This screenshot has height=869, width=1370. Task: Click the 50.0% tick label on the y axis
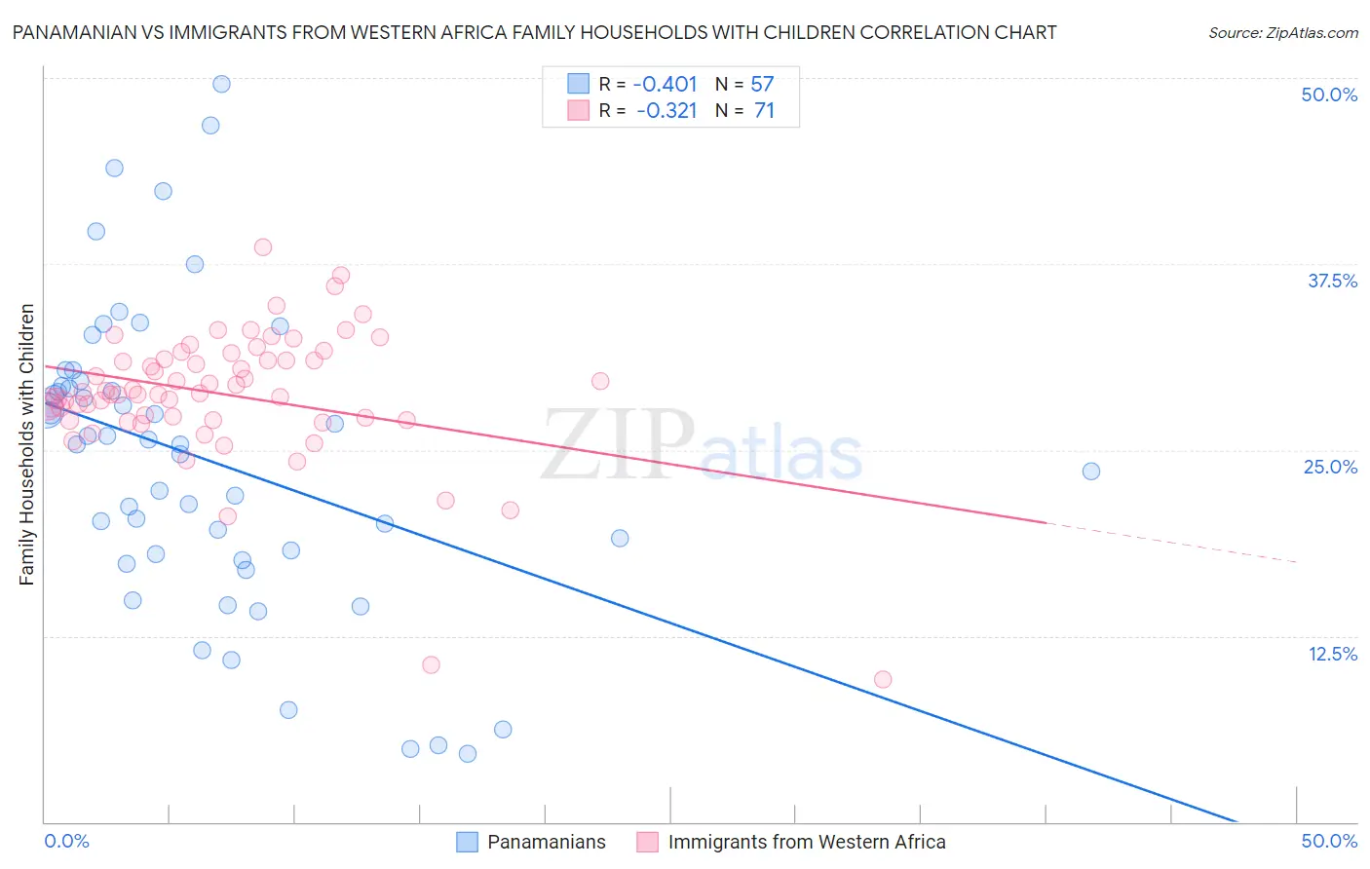pyautogui.click(x=1329, y=94)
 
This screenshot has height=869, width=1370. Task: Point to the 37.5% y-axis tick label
pyautogui.click(x=1332, y=281)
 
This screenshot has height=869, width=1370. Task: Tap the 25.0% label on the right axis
pyautogui.click(x=1330, y=467)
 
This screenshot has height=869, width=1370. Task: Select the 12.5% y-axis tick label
pyautogui.click(x=1332, y=654)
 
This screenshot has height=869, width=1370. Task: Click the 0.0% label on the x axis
pyautogui.click(x=66, y=841)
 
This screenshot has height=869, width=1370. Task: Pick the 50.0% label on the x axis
pyautogui.click(x=1329, y=841)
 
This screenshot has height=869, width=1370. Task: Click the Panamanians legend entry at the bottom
pyautogui.click(x=546, y=842)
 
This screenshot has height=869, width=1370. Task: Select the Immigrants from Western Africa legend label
pyautogui.click(x=806, y=842)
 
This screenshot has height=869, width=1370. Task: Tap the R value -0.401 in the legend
pyautogui.click(x=666, y=84)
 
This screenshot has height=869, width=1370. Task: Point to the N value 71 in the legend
pyautogui.click(x=764, y=111)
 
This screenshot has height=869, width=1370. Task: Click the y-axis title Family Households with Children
pyautogui.click(x=27, y=444)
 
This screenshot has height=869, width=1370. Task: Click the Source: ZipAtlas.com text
pyautogui.click(x=1282, y=33)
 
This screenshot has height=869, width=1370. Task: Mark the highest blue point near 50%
pyautogui.click(x=221, y=84)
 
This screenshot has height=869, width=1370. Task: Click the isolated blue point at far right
pyautogui.click(x=1091, y=472)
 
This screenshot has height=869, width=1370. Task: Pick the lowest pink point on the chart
pyautogui.click(x=883, y=679)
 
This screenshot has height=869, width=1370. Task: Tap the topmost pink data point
pyautogui.click(x=262, y=247)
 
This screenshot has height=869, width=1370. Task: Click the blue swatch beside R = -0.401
pyautogui.click(x=578, y=84)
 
